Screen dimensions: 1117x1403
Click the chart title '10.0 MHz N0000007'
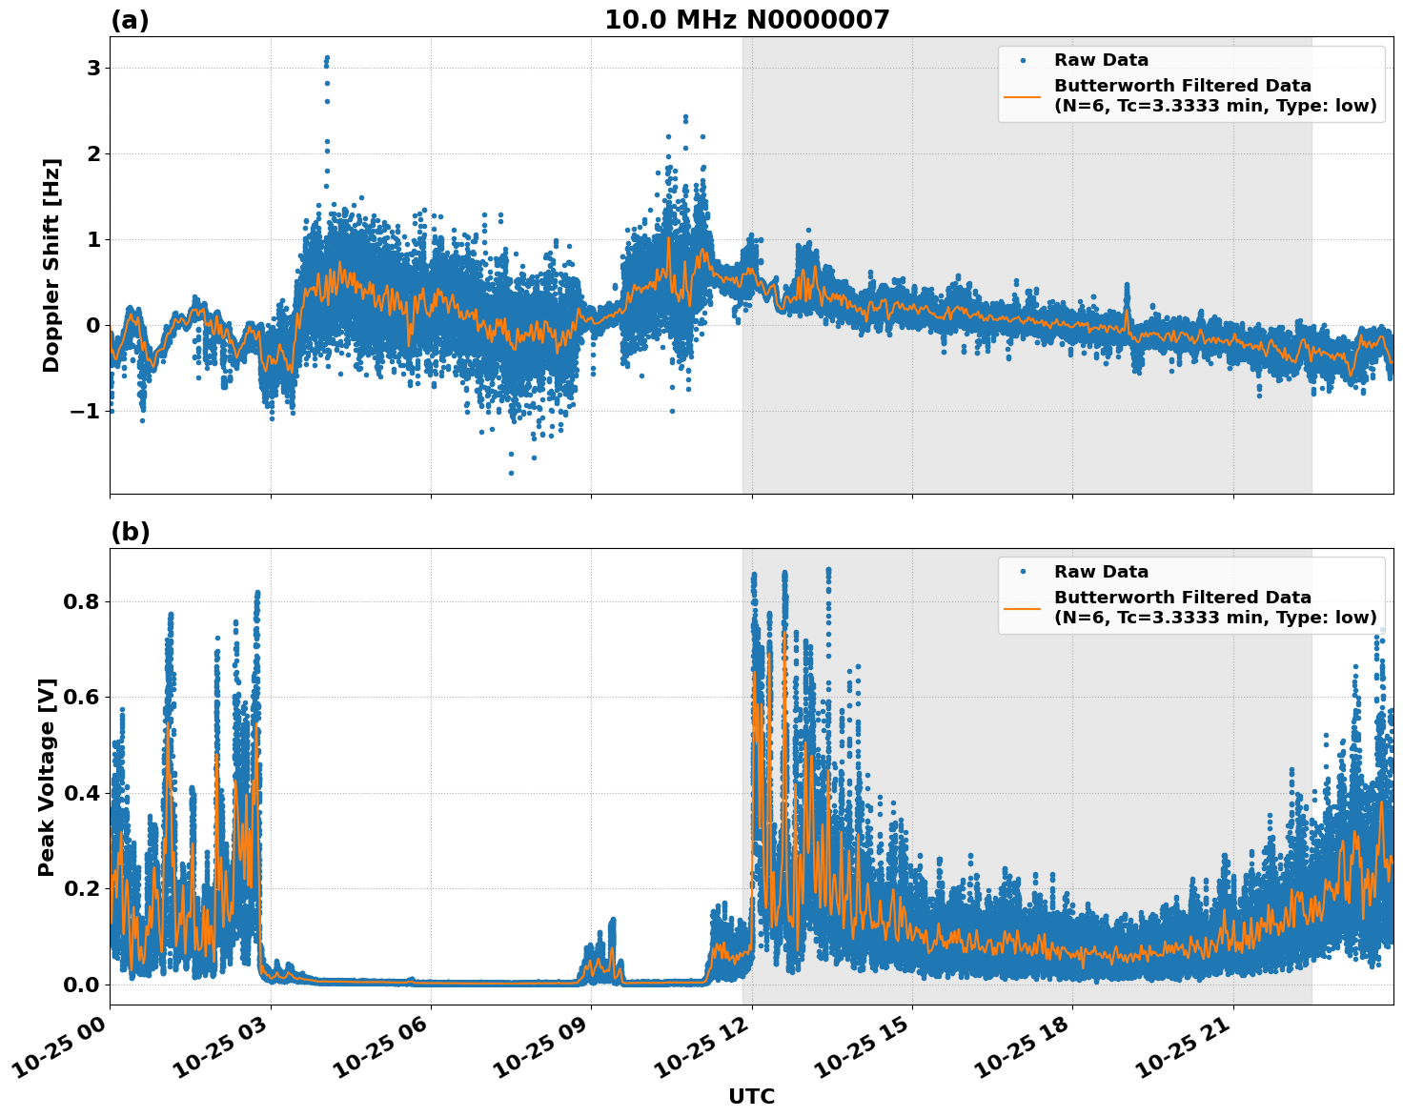pyautogui.click(x=746, y=20)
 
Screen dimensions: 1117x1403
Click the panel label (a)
pyautogui.click(x=130, y=20)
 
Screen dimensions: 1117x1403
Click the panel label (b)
pyautogui.click(x=130, y=532)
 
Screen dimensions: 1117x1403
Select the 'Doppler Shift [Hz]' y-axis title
pyautogui.click(x=51, y=265)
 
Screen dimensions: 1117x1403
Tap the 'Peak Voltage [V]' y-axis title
pyautogui.click(x=47, y=777)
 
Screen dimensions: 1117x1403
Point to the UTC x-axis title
pyautogui.click(x=751, y=1096)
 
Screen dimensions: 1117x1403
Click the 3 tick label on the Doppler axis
pyautogui.click(x=93, y=68)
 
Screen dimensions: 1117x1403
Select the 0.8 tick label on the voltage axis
pyautogui.click(x=81, y=602)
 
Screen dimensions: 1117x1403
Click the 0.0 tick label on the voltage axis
pyautogui.click(x=81, y=985)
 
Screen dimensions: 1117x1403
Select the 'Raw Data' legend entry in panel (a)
pyautogui.click(x=1101, y=60)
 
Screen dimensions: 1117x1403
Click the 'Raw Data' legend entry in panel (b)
pyautogui.click(x=1101, y=572)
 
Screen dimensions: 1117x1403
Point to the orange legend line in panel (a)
pyautogui.click(x=1022, y=95)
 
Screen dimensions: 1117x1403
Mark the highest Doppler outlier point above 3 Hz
pyautogui.click(x=327, y=58)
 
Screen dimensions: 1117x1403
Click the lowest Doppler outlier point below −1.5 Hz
pyautogui.click(x=511, y=473)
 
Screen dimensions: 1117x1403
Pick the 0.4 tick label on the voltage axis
pyautogui.click(x=81, y=793)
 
